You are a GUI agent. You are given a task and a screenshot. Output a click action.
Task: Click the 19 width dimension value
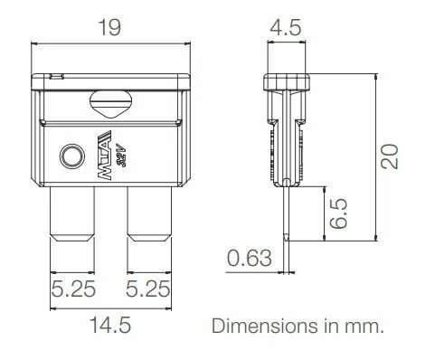click(110, 27)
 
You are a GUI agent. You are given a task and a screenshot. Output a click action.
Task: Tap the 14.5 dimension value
click(110, 325)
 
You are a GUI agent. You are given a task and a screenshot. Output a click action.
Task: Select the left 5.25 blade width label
click(73, 289)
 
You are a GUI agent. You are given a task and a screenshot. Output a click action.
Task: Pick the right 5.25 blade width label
click(147, 289)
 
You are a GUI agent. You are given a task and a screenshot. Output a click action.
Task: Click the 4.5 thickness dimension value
click(286, 27)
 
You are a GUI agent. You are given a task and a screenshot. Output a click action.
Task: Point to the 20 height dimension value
click(389, 156)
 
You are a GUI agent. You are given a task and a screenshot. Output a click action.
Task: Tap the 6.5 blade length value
click(338, 213)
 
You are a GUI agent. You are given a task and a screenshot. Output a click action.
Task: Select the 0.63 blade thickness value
click(250, 258)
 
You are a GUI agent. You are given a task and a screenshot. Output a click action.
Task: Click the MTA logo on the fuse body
click(105, 156)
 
